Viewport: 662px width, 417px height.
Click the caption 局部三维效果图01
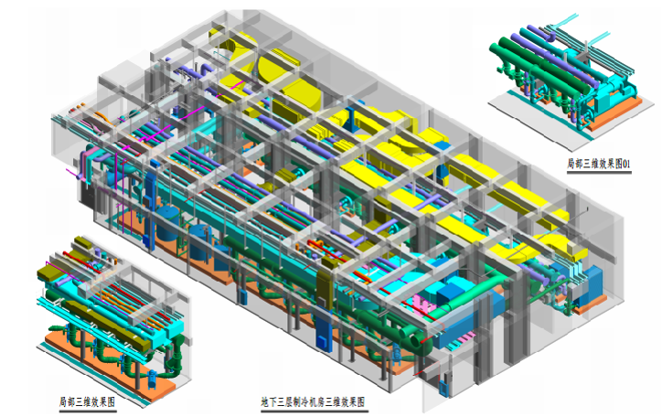(x=599, y=164)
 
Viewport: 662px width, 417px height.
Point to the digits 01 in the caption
(x=626, y=164)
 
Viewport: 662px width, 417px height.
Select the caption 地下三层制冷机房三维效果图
(x=313, y=401)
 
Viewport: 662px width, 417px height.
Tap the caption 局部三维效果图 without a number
(x=87, y=401)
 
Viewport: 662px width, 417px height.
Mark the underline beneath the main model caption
(x=315, y=411)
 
